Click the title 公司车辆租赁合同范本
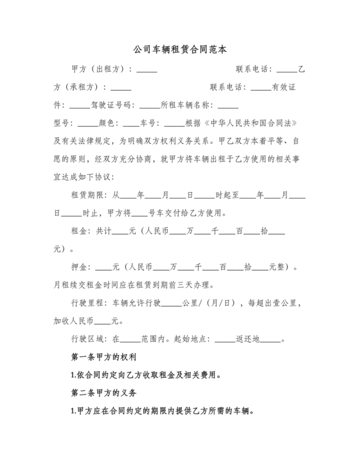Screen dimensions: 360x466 click(x=179, y=49)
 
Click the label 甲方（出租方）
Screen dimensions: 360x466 click(x=100, y=69)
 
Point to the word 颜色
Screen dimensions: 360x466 click(x=107, y=122)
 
